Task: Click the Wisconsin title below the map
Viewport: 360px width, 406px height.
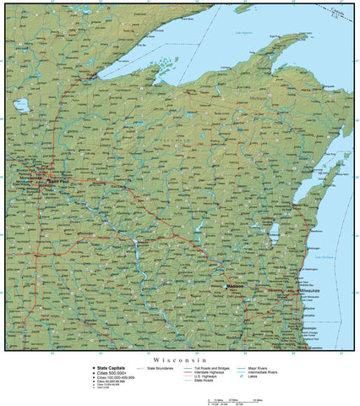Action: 179,359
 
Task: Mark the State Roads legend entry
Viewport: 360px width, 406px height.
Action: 204,381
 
